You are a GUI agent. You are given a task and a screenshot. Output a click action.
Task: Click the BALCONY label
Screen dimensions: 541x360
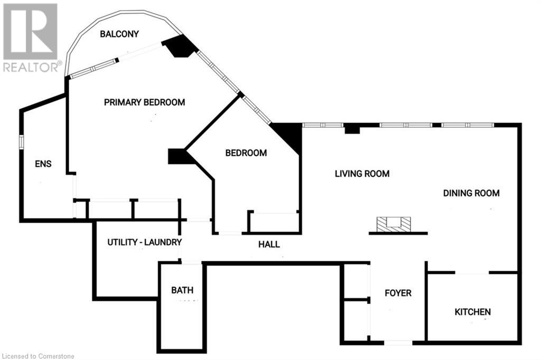(x=119, y=34)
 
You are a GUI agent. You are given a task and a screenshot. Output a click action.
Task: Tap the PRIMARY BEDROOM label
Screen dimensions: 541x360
(x=144, y=102)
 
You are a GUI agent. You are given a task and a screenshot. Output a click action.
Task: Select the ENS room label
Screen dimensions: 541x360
(x=43, y=164)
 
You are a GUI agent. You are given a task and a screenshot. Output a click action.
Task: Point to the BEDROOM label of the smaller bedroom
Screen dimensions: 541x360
(x=246, y=153)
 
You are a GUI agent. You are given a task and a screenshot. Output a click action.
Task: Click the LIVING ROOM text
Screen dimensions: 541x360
(x=362, y=174)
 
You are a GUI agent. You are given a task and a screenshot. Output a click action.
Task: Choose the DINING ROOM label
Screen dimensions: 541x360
(x=471, y=193)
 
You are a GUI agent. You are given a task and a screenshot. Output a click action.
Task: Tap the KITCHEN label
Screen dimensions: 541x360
(x=473, y=312)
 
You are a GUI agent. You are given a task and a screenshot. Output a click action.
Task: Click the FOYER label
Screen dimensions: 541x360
(x=398, y=293)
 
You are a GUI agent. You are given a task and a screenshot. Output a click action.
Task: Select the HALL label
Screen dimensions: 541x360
(x=269, y=244)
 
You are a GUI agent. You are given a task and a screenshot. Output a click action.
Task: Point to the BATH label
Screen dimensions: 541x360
(x=182, y=290)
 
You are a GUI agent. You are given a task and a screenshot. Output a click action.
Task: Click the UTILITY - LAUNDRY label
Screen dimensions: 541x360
(x=145, y=242)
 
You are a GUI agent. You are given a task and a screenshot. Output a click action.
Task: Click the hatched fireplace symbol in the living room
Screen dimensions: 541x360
(x=394, y=224)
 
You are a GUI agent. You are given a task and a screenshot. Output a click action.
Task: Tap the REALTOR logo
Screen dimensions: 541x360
(x=31, y=38)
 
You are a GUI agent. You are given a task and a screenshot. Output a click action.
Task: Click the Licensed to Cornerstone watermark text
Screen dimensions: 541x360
(x=38, y=356)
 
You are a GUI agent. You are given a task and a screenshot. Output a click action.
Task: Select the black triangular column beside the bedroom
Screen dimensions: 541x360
(x=287, y=137)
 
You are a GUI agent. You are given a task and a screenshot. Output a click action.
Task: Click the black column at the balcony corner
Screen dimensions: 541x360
(x=180, y=46)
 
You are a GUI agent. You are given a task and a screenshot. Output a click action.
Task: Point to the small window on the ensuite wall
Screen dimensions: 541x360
(x=21, y=142)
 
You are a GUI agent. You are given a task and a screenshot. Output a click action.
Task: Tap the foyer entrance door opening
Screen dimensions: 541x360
(x=398, y=343)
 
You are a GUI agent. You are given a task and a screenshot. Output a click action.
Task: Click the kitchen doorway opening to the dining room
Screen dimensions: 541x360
(x=472, y=273)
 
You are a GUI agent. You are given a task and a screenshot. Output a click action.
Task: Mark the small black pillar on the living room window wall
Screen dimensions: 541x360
(x=352, y=129)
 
